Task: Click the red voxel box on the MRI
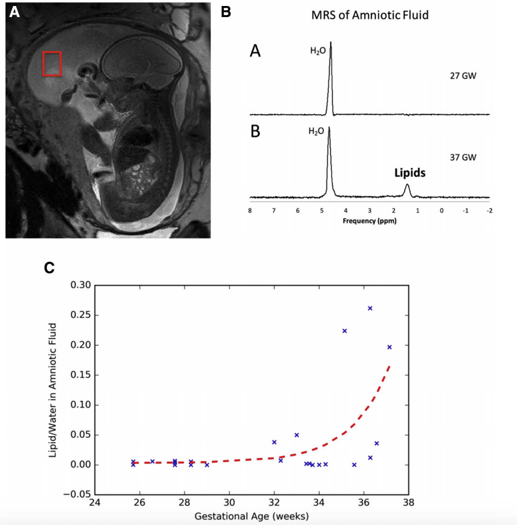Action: point(52,64)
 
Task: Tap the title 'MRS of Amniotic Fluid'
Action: point(370,15)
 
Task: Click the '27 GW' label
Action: point(463,76)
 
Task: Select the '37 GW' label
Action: point(463,157)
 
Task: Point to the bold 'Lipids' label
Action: point(410,173)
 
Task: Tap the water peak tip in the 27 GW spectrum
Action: point(331,43)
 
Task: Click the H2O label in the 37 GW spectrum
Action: point(316,132)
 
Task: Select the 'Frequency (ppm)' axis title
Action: point(369,221)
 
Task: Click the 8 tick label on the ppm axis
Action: point(250,211)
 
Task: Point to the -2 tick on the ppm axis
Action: point(489,211)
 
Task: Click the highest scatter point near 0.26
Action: point(370,308)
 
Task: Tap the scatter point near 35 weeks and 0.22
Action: point(345,331)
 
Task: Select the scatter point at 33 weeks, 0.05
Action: point(297,435)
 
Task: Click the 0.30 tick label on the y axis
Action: point(80,285)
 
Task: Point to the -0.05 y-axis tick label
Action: point(77,494)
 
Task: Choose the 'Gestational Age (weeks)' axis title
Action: point(252,516)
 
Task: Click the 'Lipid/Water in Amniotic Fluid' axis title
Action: point(53,390)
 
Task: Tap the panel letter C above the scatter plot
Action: point(49,268)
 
